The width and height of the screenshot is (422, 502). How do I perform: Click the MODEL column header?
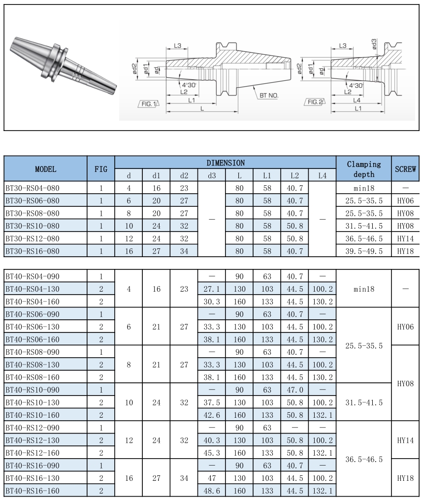pyautogui.click(x=45, y=169)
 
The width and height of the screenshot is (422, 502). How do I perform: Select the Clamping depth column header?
pyautogui.click(x=363, y=169)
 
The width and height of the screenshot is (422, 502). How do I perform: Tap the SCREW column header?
pyautogui.click(x=405, y=169)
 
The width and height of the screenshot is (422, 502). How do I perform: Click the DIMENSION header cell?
pyautogui.click(x=225, y=163)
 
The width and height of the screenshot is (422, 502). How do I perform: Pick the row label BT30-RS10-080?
pyautogui.click(x=32, y=226)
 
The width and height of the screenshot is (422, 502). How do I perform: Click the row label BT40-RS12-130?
pyautogui.click(x=32, y=440)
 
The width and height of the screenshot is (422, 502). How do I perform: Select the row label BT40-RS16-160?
pyautogui.click(x=32, y=491)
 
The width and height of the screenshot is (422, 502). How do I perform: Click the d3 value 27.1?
pyautogui.click(x=211, y=289)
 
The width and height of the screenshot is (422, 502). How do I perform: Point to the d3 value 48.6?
pyautogui.click(x=211, y=491)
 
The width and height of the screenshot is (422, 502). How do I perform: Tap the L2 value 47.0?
pyautogui.click(x=294, y=390)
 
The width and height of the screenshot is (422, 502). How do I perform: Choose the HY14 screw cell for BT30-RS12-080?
pyautogui.click(x=405, y=238)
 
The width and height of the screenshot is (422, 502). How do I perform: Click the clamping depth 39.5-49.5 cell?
pyautogui.click(x=363, y=251)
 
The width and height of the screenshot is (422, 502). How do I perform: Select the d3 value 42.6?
pyautogui.click(x=211, y=415)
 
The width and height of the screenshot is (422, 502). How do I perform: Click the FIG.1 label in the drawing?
pyautogui.click(x=148, y=104)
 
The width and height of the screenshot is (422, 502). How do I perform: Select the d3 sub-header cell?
pyautogui.click(x=211, y=175)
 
